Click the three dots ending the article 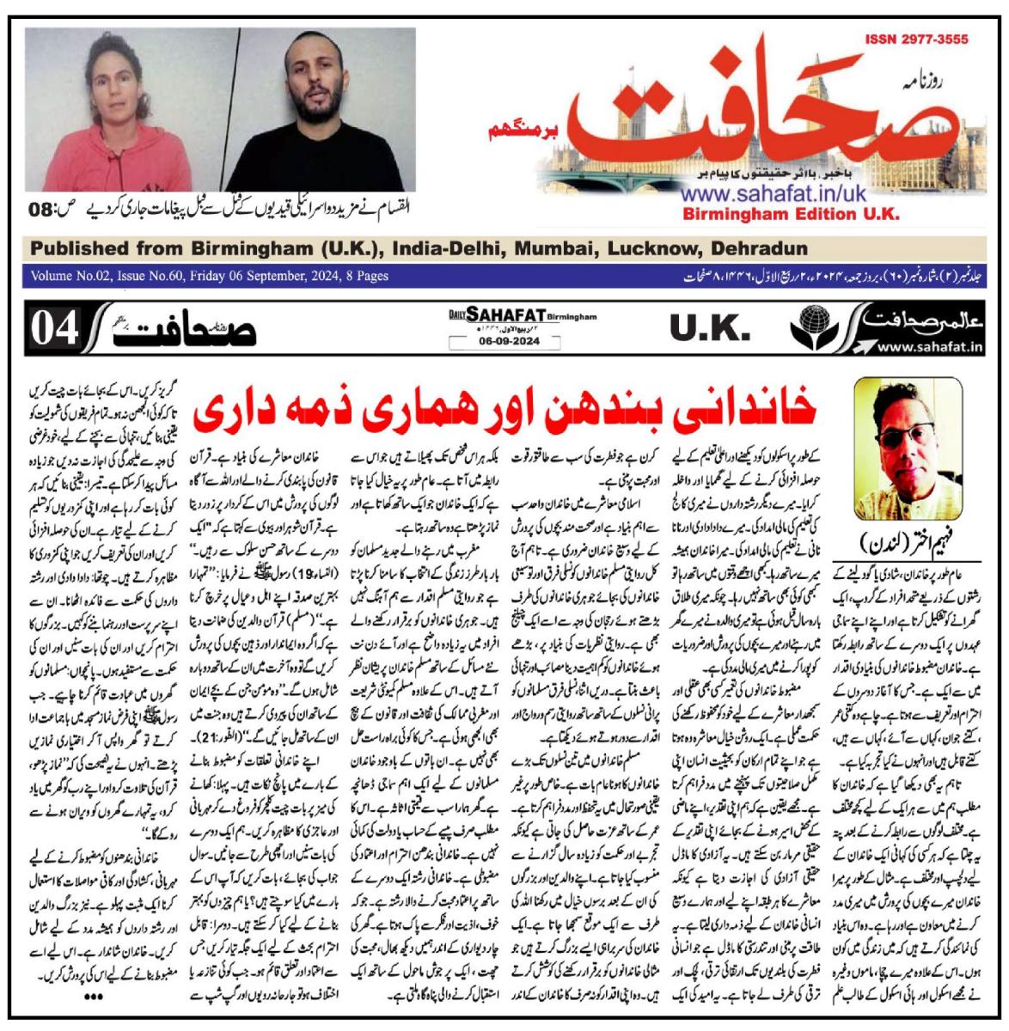click(92, 996)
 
